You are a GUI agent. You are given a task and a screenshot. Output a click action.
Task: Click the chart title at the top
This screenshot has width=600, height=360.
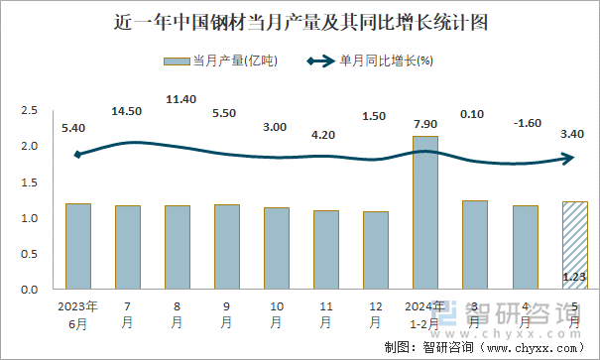(300, 21)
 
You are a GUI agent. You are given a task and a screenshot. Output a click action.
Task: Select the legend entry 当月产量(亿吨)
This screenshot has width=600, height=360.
(220, 61)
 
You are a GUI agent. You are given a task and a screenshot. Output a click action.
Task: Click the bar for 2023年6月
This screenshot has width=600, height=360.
(78, 246)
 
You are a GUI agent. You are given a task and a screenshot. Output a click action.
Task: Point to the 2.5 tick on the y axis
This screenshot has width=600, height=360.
(30, 111)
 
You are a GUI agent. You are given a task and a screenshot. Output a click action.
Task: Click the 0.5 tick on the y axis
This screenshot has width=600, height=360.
(30, 254)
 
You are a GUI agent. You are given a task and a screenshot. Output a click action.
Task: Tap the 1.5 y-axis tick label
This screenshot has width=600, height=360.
(30, 182)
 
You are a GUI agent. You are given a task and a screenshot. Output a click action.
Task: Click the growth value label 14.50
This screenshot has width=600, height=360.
(127, 111)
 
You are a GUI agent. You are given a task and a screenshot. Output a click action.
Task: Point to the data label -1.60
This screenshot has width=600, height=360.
(524, 123)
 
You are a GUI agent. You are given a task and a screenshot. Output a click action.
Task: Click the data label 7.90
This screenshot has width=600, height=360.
(424, 124)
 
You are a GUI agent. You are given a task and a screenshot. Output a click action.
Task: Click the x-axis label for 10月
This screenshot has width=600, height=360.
(277, 315)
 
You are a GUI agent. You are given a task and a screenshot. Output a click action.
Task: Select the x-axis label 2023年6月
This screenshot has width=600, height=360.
(77, 315)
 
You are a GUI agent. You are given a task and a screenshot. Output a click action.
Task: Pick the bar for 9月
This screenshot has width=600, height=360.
(227, 247)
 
